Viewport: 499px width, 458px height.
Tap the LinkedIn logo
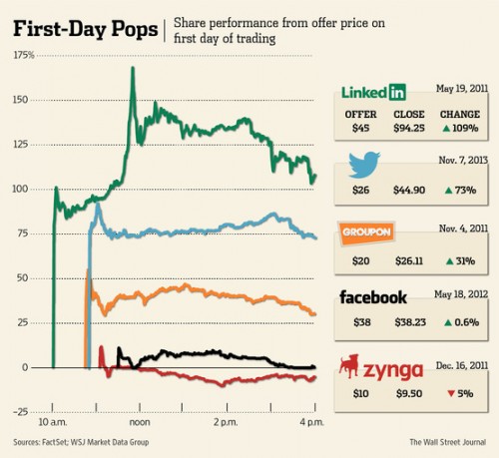pos(372,93)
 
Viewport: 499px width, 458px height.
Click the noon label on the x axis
pos(139,422)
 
